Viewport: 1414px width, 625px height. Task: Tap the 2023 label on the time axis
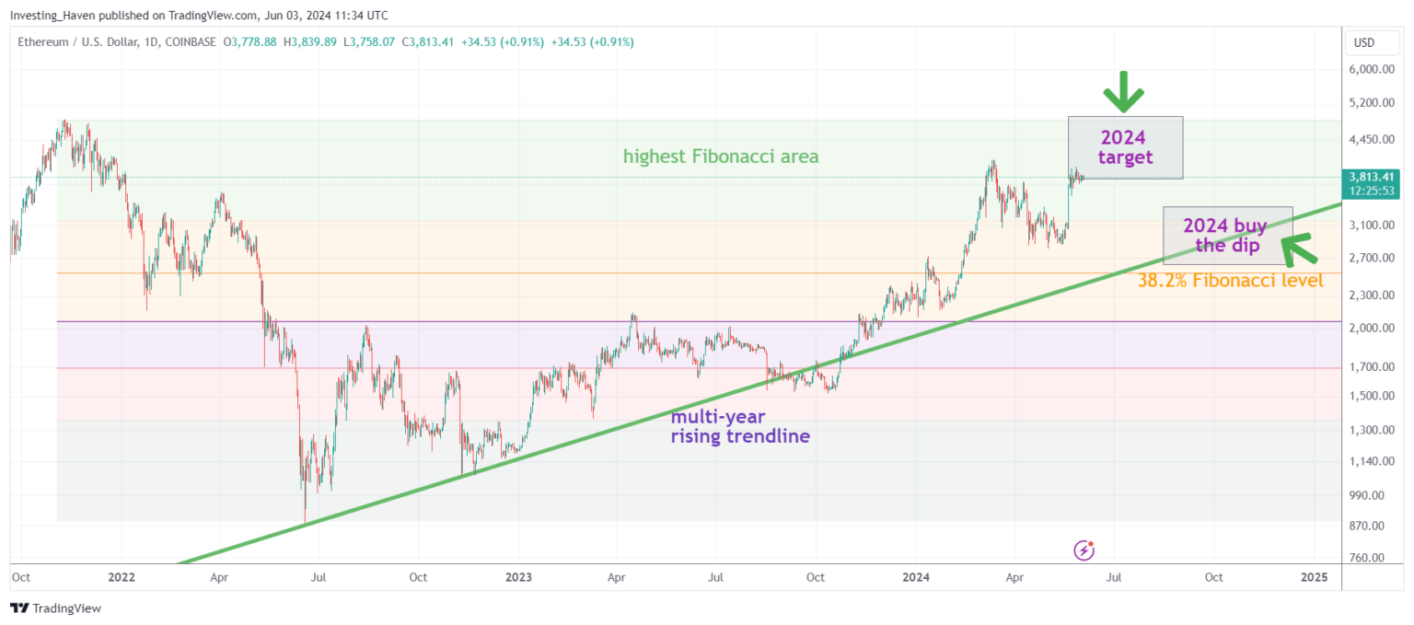(x=518, y=577)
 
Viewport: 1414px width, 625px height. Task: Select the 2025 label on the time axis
(x=1314, y=577)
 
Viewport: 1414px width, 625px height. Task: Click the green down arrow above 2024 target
(x=1123, y=93)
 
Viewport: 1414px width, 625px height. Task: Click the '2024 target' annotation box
(x=1124, y=147)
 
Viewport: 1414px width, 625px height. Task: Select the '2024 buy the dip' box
(x=1227, y=236)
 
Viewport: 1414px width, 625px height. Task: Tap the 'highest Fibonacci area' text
(x=721, y=156)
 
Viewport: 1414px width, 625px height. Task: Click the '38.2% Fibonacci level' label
(x=1231, y=281)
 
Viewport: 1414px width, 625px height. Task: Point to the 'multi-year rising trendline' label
(x=740, y=426)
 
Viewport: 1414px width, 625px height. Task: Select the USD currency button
(x=1364, y=42)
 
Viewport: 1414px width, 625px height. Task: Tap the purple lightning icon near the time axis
(x=1084, y=550)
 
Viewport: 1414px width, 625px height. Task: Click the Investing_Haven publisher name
(x=51, y=15)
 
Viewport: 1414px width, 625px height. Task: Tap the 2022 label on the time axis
(x=121, y=577)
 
